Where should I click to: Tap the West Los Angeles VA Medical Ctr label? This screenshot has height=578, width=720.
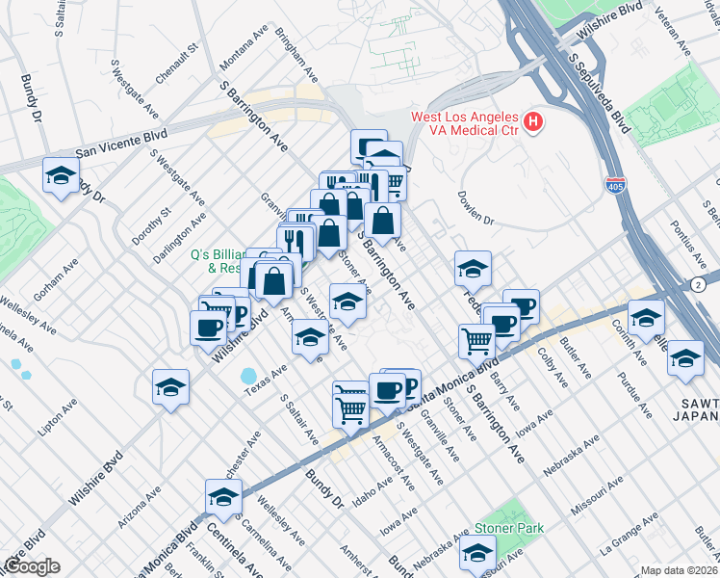coord(465,123)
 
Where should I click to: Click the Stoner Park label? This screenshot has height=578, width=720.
coord(509,528)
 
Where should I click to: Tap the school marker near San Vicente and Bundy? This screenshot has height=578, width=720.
coord(61,176)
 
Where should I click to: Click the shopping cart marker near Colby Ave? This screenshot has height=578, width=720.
coord(477,340)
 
